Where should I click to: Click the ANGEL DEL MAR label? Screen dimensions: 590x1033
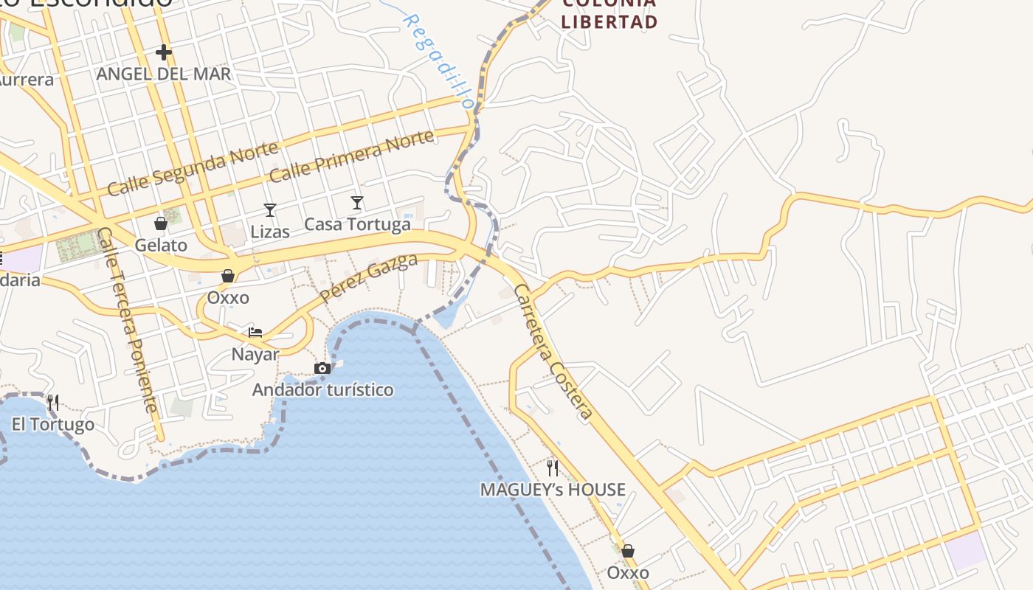pos(164,74)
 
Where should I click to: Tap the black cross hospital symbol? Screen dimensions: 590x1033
pos(164,52)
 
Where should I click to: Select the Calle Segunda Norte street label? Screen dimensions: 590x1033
pos(193,169)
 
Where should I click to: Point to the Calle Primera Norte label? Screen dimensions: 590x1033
pos(351,156)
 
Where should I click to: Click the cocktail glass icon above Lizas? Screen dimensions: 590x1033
pos(270,210)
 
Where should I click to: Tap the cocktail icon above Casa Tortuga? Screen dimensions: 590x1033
pos(357,202)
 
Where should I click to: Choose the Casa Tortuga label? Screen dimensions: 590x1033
pos(357,224)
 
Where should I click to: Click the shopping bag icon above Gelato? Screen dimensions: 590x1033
pos(160,223)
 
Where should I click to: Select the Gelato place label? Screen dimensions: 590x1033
pos(161,245)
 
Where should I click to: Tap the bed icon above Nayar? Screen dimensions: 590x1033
pos(255,332)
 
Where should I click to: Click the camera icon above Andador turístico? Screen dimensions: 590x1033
pos(322,368)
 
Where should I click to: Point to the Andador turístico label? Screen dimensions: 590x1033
pos(322,389)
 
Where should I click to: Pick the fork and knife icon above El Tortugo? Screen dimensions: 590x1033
pos(52,403)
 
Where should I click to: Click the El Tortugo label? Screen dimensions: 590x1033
pos(53,425)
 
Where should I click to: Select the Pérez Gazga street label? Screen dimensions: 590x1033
pos(369,278)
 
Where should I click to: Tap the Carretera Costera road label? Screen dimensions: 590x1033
pos(553,352)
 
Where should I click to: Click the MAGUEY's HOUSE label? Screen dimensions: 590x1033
pos(553,490)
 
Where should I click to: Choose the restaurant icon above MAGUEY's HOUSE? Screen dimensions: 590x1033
pos(553,468)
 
